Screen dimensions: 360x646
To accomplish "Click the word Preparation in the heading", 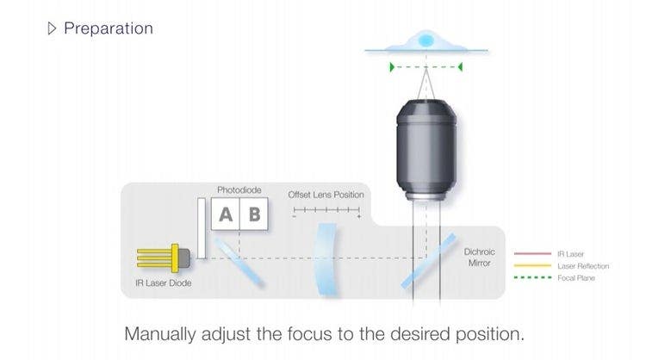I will (x=109, y=28).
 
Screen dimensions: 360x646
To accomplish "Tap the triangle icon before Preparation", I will (x=52, y=28).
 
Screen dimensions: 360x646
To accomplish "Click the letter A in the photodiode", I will (x=226, y=214).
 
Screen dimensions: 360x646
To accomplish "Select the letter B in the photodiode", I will (x=254, y=214).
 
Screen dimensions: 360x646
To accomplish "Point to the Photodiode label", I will (x=239, y=190).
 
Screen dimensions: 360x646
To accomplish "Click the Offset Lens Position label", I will (x=326, y=195).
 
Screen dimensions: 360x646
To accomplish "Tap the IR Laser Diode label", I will (x=164, y=283).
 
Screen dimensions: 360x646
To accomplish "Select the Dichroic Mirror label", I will (x=479, y=258).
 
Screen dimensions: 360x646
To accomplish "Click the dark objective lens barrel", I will (x=426, y=146).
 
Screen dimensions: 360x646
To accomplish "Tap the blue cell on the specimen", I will (x=425, y=40).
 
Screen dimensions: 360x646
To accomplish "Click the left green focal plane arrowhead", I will (x=393, y=66).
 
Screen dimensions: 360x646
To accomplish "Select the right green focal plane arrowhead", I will (x=460, y=66).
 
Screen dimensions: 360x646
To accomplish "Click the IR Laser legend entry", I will (x=570, y=254).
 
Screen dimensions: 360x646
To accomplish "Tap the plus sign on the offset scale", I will (x=358, y=216).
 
